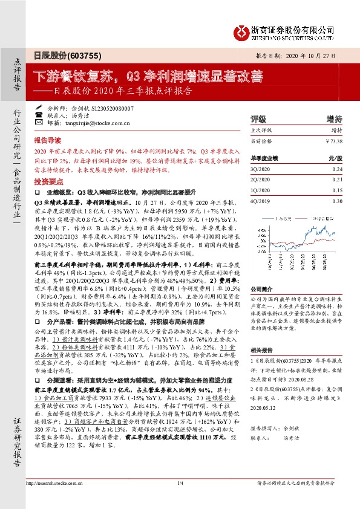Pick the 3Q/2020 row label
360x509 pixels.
(260, 169)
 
